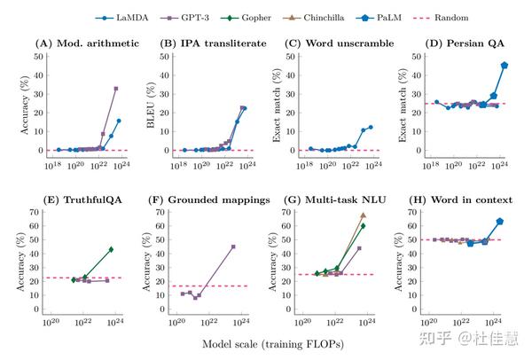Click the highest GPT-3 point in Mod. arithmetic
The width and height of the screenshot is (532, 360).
coord(116,88)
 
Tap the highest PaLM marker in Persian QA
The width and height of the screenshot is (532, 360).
coord(505,65)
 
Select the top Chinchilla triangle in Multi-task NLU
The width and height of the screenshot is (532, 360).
coord(363,215)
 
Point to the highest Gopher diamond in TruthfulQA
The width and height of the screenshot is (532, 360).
coord(111,249)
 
